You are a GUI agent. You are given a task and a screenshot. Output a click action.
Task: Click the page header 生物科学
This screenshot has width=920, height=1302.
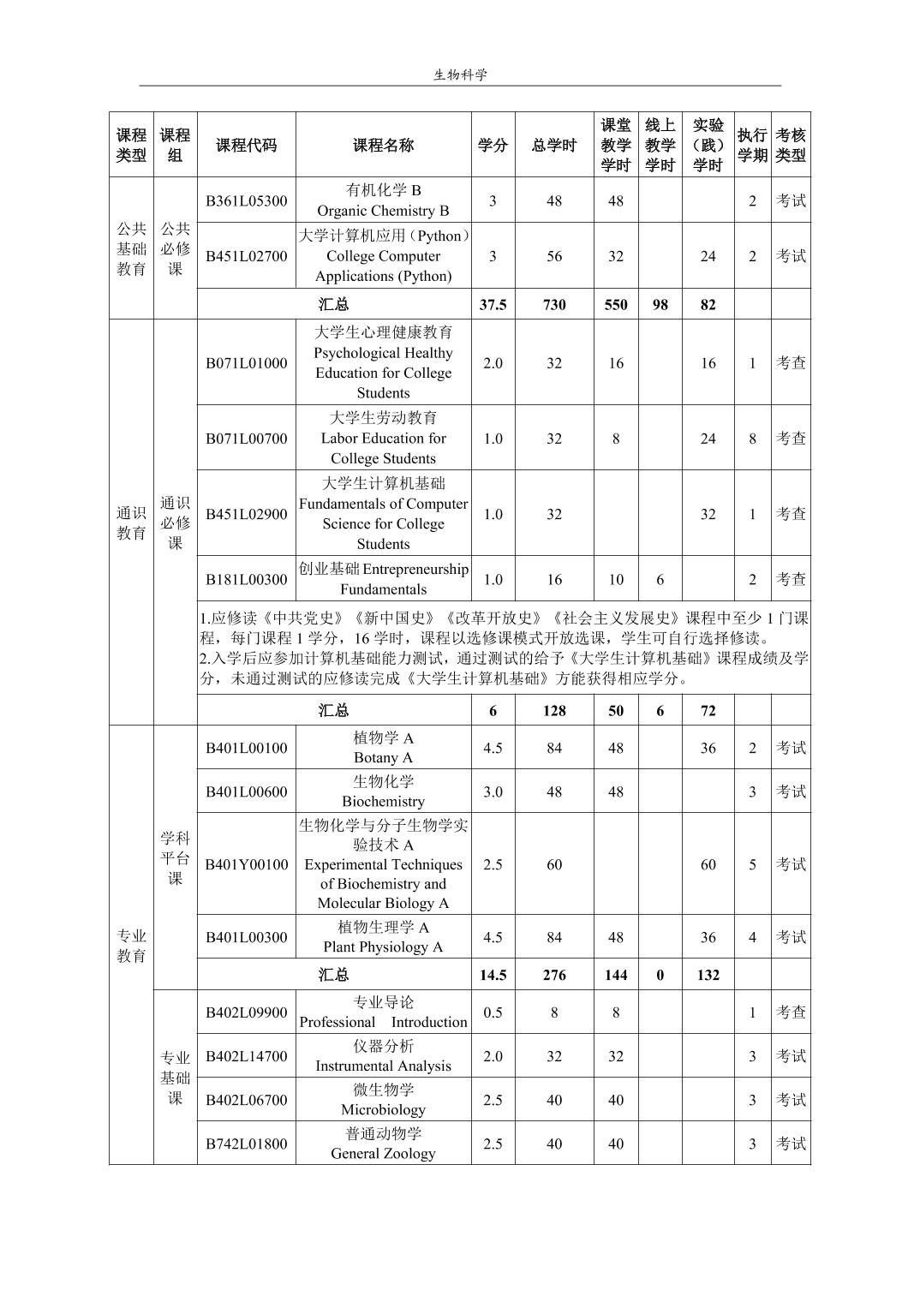[460, 75]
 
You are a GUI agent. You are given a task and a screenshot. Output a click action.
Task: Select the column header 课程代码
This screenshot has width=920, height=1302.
[246, 145]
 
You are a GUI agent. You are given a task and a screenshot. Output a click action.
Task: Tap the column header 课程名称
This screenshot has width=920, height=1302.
[383, 145]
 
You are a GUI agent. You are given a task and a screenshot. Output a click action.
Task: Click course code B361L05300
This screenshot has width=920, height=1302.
[246, 201]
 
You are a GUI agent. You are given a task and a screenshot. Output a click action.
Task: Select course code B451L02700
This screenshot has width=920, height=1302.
[246, 256]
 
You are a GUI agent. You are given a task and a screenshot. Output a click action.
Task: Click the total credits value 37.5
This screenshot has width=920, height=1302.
[493, 304]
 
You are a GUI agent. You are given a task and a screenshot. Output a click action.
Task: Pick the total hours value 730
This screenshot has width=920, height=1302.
[554, 304]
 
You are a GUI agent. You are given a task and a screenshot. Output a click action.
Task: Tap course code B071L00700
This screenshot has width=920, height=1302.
[246, 439]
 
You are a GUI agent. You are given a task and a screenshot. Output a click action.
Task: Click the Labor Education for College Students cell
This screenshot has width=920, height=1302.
[383, 439]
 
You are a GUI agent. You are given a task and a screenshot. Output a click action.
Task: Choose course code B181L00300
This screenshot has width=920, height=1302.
[246, 580]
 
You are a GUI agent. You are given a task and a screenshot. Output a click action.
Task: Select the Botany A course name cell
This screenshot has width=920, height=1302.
[383, 748]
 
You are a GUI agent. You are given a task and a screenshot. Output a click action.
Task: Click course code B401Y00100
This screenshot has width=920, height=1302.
[246, 864]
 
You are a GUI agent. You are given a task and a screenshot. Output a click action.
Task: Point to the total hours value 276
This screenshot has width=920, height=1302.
[554, 975]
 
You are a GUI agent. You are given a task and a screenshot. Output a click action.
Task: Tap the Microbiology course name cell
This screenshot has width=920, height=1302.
[383, 1100]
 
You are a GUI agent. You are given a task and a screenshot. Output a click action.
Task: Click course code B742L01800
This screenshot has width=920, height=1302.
[246, 1144]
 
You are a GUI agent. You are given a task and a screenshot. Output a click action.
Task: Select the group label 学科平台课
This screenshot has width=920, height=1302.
[175, 857]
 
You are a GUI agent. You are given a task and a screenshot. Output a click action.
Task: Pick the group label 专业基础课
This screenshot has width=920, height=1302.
[175, 1078]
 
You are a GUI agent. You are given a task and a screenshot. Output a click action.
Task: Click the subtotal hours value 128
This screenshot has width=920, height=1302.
[554, 711]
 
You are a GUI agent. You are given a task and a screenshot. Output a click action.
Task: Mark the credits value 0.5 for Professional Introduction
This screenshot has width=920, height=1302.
[493, 1012]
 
